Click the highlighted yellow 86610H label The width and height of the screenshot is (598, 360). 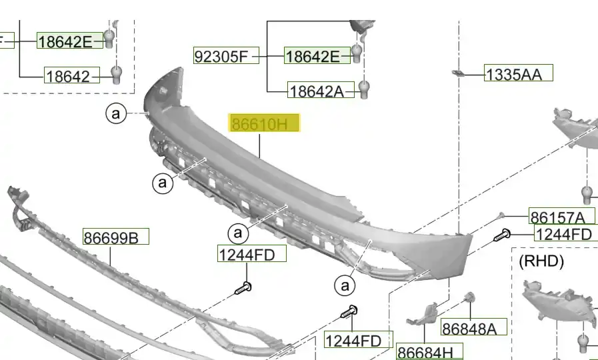click(264, 123)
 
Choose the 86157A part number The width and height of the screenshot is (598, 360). click(561, 216)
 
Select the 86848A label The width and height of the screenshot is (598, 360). click(474, 327)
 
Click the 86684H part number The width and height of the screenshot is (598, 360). click(430, 351)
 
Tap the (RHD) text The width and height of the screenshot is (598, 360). click(541, 261)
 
